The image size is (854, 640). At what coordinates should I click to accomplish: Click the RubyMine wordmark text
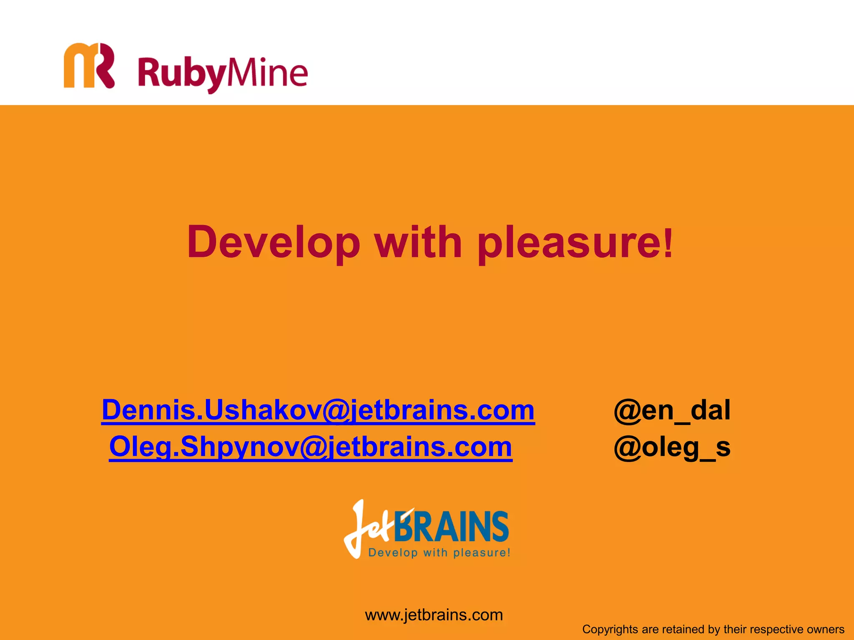(223, 73)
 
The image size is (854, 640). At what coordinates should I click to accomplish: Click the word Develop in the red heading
(274, 242)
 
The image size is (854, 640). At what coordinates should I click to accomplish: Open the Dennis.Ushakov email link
(318, 410)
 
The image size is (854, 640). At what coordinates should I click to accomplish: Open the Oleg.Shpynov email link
(310, 447)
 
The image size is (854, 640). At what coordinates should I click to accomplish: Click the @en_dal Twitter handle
(672, 410)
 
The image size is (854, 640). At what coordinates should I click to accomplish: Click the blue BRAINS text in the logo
(451, 527)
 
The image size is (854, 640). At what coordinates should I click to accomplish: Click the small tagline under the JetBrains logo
(439, 553)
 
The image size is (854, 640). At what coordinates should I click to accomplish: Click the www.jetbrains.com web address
(434, 615)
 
